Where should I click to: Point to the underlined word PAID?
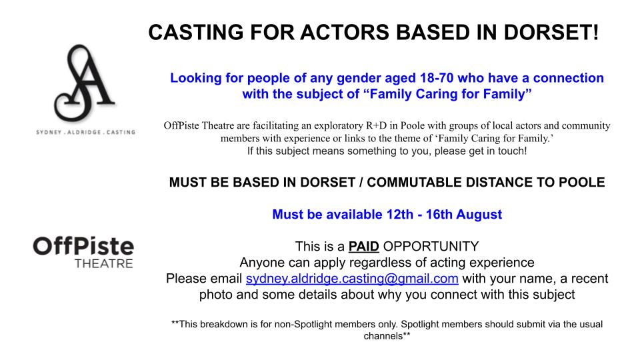[x=365, y=245]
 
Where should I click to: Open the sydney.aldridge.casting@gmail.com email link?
[x=352, y=279]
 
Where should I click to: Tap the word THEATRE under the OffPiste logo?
[x=103, y=263]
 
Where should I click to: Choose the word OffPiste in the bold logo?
[x=83, y=246]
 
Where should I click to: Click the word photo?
[x=216, y=294]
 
